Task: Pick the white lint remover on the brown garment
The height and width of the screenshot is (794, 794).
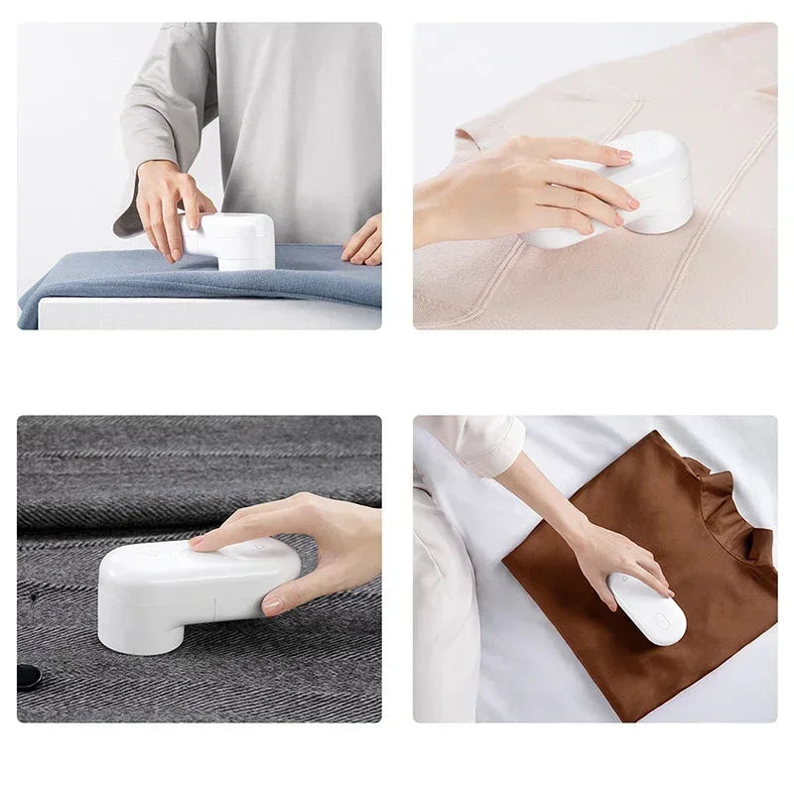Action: click(x=647, y=608)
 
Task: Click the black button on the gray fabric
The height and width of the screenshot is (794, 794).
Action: click(x=29, y=677)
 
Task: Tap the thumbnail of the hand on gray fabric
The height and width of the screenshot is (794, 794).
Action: click(x=273, y=603)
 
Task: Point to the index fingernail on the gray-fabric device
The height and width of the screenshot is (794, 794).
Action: click(x=198, y=542)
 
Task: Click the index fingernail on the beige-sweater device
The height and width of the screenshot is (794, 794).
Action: click(x=623, y=156)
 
